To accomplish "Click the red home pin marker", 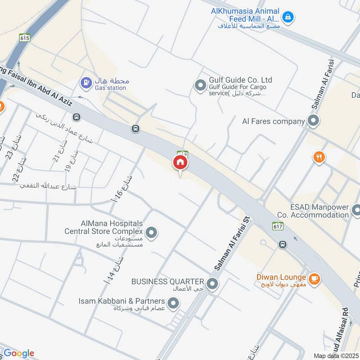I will (x=180, y=163).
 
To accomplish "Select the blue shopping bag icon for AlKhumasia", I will (x=287, y=18).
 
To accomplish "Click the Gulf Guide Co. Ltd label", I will (x=240, y=80).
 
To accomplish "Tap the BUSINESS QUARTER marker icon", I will (x=213, y=283).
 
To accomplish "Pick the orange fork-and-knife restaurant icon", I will (x=319, y=157).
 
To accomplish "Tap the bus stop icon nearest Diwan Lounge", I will (x=283, y=244).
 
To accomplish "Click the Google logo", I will (x=18, y=353).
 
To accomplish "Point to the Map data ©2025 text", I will (x=335, y=355).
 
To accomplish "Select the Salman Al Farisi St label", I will (x=232, y=243).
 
